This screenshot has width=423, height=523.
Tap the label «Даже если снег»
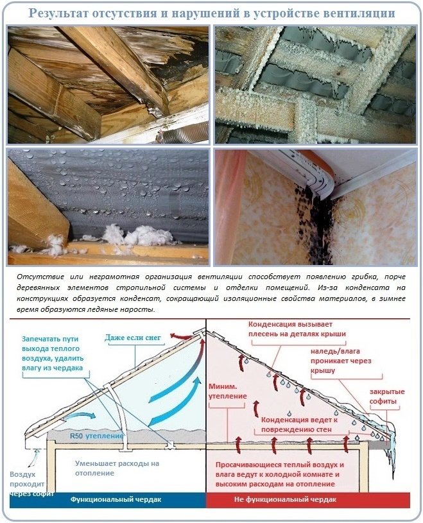[x=133, y=338]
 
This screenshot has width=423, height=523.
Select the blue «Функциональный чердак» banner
[x=108, y=499]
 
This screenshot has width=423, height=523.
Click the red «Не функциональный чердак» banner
[x=308, y=499]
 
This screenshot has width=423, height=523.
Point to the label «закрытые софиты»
[x=387, y=396]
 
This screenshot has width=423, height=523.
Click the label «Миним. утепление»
[x=227, y=391]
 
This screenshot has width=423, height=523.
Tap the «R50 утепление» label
[x=97, y=436]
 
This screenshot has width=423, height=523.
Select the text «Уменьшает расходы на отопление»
[x=117, y=468]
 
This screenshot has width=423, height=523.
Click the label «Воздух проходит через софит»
[x=31, y=484]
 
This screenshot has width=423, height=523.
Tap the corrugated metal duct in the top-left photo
[x=184, y=132]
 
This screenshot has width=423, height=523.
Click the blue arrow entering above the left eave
[x=80, y=416]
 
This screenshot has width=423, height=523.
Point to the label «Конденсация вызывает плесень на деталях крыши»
[x=297, y=329]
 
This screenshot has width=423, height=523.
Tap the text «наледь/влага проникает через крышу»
[x=341, y=361]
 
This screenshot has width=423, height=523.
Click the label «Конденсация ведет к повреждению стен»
[x=299, y=424]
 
